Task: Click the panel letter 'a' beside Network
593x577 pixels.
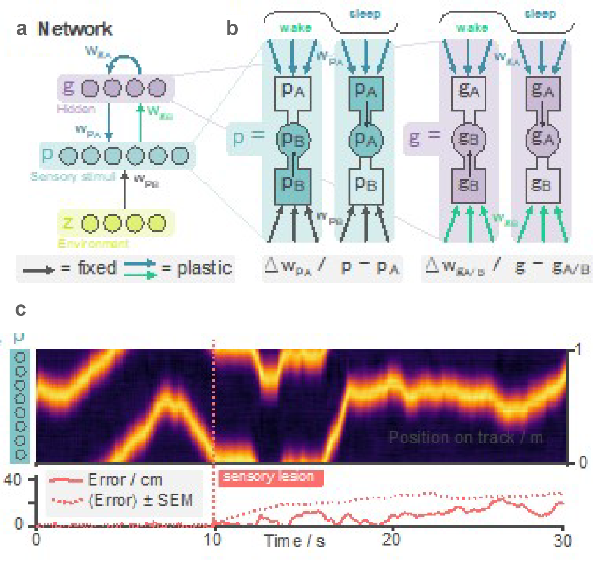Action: [x=21, y=29]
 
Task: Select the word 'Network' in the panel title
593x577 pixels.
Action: [x=75, y=29]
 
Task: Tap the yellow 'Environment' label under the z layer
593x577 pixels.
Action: [x=93, y=243]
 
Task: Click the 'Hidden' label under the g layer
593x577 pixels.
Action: [x=76, y=109]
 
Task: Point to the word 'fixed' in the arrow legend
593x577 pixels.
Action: [x=97, y=268]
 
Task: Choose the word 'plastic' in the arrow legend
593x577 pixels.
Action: [x=204, y=268]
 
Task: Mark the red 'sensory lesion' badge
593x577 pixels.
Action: [x=270, y=477]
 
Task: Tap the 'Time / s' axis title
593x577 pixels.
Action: [x=295, y=541]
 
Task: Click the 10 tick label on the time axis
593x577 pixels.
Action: [x=213, y=540]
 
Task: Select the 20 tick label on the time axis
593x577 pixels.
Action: [x=391, y=540]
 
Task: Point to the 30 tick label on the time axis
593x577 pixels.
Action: [x=562, y=541]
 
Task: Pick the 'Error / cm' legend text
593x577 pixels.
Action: [x=125, y=480]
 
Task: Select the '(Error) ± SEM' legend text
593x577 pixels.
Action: [x=141, y=500]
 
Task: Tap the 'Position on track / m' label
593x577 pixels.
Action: [x=466, y=437]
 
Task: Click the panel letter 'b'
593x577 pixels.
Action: [x=232, y=29]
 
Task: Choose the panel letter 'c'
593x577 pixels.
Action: [x=21, y=309]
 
